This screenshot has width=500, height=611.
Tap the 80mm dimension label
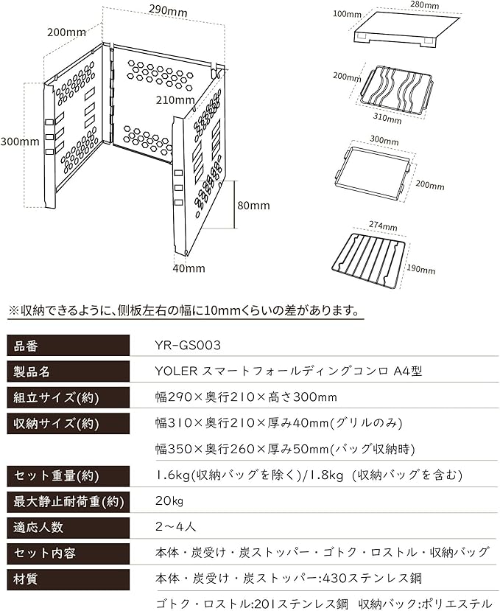point(253,206)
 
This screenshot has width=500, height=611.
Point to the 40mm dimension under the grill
point(189,268)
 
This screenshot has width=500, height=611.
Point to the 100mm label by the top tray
point(348,13)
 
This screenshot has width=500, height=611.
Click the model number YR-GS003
point(189,345)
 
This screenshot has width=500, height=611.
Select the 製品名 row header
point(32,371)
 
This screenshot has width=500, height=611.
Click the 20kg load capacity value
point(169,501)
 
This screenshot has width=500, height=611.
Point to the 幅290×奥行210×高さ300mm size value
point(245,397)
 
